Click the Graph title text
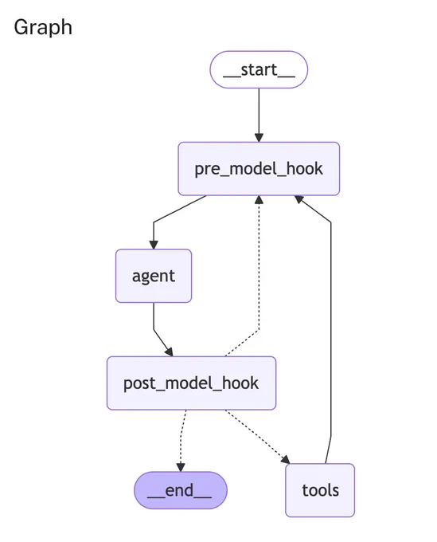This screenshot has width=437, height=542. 43,27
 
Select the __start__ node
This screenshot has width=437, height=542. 259,69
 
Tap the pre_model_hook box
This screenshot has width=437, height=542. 259,169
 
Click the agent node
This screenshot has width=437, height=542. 154,276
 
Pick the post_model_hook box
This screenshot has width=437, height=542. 191,383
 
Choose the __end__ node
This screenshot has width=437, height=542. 181,490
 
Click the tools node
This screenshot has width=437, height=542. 320,490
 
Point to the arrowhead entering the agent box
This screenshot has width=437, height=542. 154,245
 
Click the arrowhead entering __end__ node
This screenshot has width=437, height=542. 181,467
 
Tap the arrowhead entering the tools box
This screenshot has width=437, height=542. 286,459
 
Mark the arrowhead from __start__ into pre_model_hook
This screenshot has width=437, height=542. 259,138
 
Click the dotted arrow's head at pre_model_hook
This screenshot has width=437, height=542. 259,200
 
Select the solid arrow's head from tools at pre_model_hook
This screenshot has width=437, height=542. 299,199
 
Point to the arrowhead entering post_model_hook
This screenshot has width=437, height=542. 169,352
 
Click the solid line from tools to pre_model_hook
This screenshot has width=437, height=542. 330,328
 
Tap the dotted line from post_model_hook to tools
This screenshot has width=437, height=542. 257,436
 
